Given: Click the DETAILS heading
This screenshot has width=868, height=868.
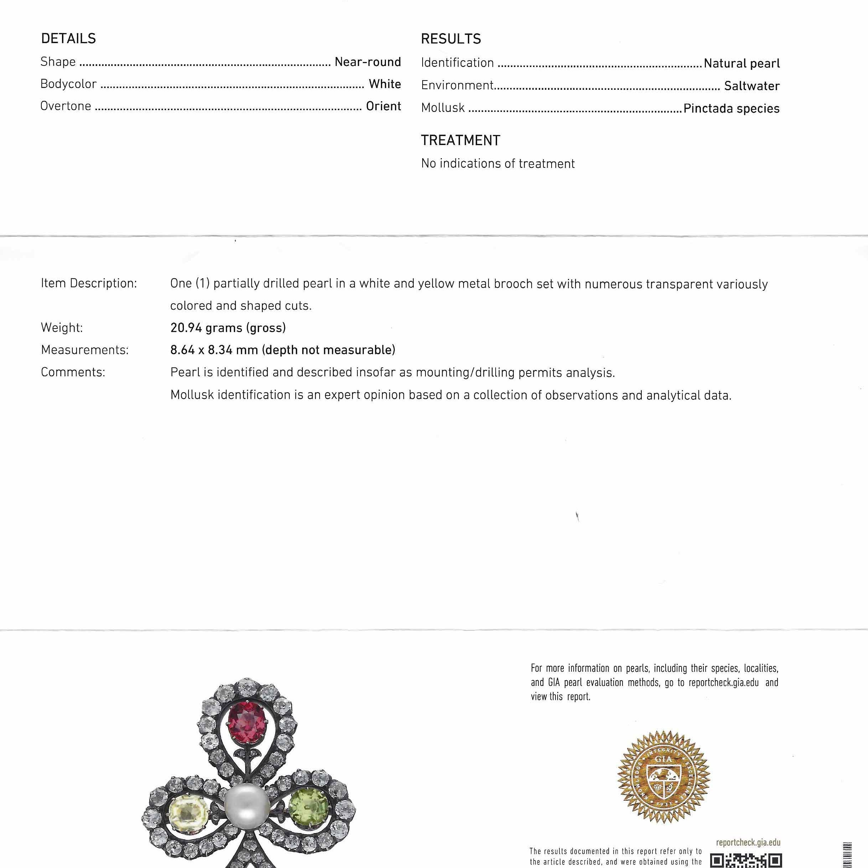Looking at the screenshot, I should pyautogui.click(x=68, y=38).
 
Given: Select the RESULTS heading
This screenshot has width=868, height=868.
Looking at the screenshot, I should pyautogui.click(x=451, y=39).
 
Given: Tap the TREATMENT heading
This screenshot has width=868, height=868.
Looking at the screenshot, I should pyautogui.click(x=460, y=141).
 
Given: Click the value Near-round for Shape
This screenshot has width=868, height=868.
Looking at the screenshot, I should pyautogui.click(x=367, y=62).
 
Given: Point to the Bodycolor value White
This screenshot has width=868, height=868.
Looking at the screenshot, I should pyautogui.click(x=384, y=84).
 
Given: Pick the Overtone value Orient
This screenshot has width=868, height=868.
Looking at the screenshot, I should pyautogui.click(x=383, y=106).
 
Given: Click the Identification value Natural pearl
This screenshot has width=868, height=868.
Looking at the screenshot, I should pyautogui.click(x=741, y=63).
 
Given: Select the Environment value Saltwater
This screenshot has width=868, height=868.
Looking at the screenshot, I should pyautogui.click(x=751, y=86).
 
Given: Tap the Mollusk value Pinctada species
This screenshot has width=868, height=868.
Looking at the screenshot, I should pyautogui.click(x=731, y=108).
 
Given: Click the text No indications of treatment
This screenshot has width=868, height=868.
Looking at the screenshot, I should pyautogui.click(x=498, y=164).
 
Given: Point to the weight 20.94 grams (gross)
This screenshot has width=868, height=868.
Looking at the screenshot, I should pyautogui.click(x=228, y=328).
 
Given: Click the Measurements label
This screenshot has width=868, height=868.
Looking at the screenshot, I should pyautogui.click(x=84, y=350).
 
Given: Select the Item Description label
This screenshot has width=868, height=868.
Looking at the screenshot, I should pyautogui.click(x=88, y=284).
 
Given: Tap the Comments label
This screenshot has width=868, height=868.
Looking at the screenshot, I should pyautogui.click(x=73, y=372).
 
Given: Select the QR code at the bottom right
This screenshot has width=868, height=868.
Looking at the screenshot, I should pyautogui.click(x=746, y=860).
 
